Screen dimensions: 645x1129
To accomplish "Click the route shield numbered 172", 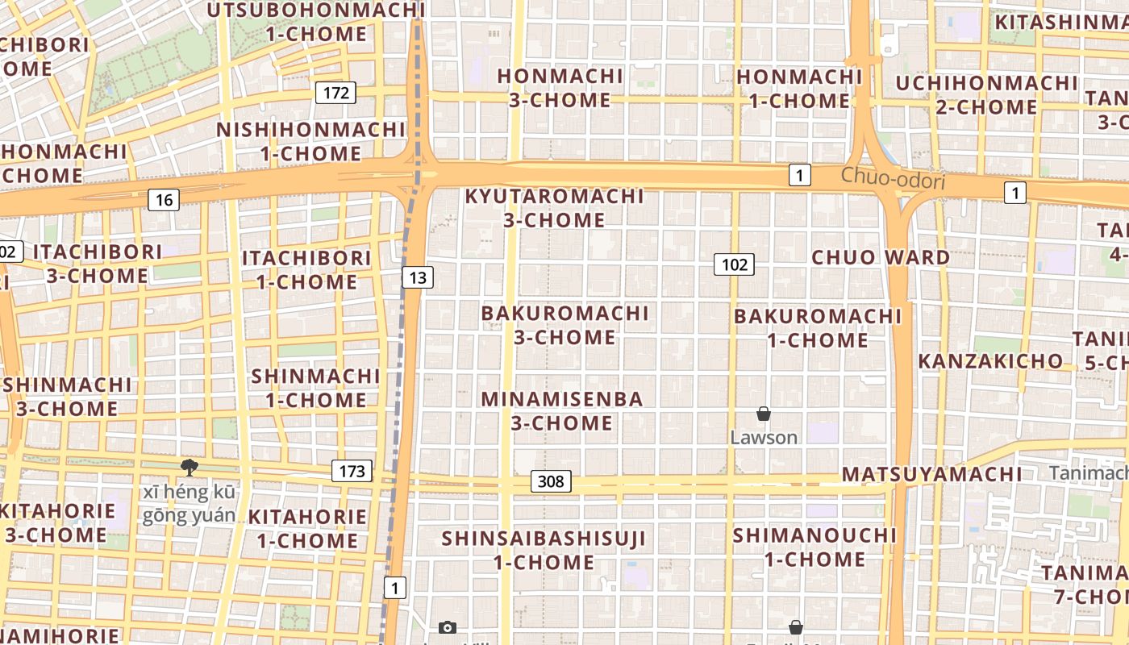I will (x=335, y=93).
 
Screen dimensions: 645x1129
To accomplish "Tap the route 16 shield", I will (x=163, y=199).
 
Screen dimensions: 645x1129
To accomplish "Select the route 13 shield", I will (x=417, y=278).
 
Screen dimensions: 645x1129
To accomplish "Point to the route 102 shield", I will (x=734, y=264).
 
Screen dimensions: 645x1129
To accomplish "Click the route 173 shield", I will (x=352, y=471).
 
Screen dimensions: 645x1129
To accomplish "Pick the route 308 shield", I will (x=551, y=481).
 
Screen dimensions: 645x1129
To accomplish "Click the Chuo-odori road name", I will (x=893, y=178).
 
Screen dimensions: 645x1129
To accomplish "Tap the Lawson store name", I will (x=764, y=438).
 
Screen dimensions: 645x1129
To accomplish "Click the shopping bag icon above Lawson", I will (x=764, y=414).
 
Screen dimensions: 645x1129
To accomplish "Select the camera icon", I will (x=447, y=627).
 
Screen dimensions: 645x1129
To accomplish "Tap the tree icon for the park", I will (x=190, y=468).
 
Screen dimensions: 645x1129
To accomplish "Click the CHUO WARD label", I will (x=881, y=257).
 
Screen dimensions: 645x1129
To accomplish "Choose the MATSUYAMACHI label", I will (x=931, y=474).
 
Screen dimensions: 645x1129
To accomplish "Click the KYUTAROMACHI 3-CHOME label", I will (x=555, y=208).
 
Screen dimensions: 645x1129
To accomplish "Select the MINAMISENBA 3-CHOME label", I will (x=562, y=410).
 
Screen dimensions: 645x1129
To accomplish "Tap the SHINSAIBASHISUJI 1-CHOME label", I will (x=544, y=550).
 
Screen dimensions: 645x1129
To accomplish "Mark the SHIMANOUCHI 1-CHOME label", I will (x=814, y=547).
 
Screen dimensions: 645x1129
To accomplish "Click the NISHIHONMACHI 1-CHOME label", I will (x=310, y=141).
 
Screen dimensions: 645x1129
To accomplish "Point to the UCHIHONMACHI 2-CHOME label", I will (x=986, y=94).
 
